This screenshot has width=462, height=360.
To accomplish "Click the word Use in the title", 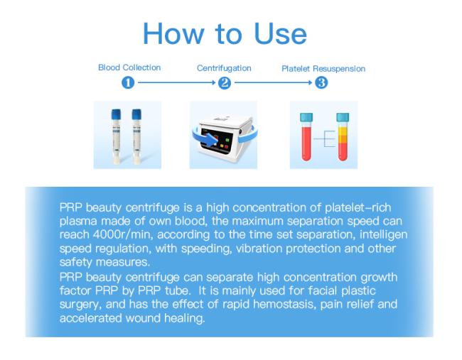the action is click(x=280, y=33).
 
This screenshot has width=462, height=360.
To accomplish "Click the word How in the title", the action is click(x=173, y=33).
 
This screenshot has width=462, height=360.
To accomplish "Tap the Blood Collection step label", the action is click(x=129, y=67).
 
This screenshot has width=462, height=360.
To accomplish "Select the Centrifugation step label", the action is click(x=224, y=68).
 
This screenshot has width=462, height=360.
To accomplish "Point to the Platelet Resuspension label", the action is click(x=323, y=69).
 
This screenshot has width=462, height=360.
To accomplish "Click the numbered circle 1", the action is click(x=128, y=82).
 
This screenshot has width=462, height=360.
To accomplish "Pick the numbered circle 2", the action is click(x=224, y=83).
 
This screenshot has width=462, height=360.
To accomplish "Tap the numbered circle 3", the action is click(x=321, y=82).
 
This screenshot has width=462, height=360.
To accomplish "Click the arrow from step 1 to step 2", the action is click(x=177, y=82).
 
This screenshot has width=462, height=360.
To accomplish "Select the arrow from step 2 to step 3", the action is click(x=273, y=82).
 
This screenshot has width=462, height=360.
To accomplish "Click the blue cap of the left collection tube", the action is click(x=116, y=114).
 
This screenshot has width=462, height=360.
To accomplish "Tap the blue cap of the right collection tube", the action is click(x=136, y=114).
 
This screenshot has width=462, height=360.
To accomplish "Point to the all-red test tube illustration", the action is click(x=306, y=137).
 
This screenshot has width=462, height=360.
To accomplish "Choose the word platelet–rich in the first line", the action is click(x=358, y=208).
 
